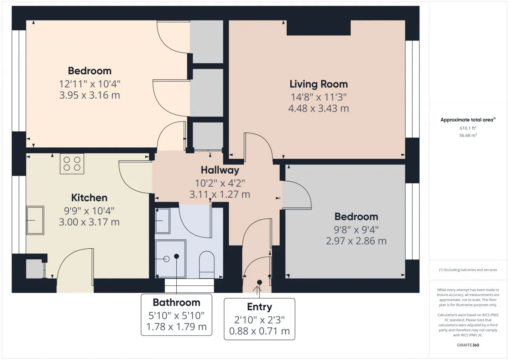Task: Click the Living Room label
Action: coord(319,84)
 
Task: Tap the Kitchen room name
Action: coord(89,198)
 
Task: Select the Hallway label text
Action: coord(220,170)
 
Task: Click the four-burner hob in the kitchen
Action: coord(72,164)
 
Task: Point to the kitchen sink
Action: coord(35,220)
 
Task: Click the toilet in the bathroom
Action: coord(207,264)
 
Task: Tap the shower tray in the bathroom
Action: coord(170,259)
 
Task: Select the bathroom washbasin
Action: coord(163,221)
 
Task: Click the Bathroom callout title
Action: coord(176,303)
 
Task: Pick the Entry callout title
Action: coord(260,307)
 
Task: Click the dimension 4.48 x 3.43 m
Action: coord(319,108)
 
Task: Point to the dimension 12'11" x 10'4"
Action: coord(90,84)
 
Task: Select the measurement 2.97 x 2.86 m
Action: coord(356,241)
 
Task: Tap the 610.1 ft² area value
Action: coord(468,128)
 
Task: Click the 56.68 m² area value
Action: coord(468,135)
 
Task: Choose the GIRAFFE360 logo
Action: coord(468,345)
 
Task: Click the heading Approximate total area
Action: coord(468,119)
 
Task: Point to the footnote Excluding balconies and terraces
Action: coord(468,270)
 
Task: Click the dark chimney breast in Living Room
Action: coord(319,28)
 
